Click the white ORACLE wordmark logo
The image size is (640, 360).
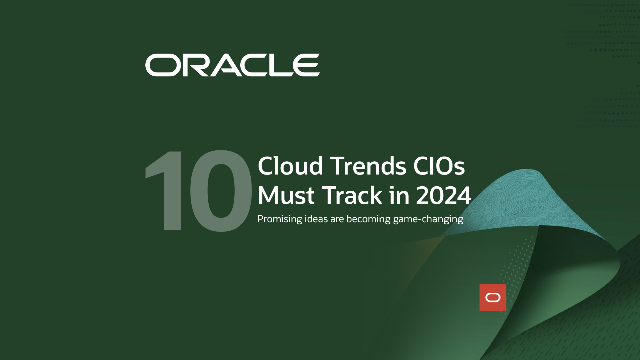click(x=232, y=65)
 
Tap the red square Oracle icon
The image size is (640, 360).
click(x=493, y=297)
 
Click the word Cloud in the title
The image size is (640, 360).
click(x=290, y=166)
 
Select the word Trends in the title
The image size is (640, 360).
click(x=368, y=166)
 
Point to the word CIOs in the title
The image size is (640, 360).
click(x=439, y=166)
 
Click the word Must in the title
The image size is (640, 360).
click(x=286, y=195)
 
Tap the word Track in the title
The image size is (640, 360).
click(x=352, y=195)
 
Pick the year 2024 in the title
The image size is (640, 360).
click(x=444, y=195)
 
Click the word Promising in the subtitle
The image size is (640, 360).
click(x=280, y=219)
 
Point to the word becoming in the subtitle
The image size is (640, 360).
click(x=368, y=219)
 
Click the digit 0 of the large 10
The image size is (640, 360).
click(x=221, y=191)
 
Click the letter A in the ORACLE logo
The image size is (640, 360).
click(x=226, y=65)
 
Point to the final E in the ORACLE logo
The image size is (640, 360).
click(x=306, y=65)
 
